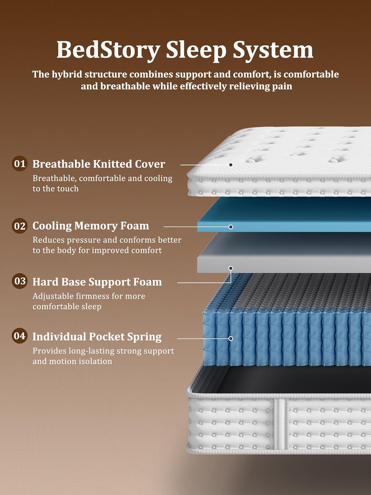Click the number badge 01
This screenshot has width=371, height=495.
click(19, 163)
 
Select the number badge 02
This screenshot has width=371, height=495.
click(19, 226)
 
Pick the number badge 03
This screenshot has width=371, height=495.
click(19, 281)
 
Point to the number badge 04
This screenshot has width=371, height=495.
click(19, 336)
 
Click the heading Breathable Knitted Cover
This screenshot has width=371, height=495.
click(99, 164)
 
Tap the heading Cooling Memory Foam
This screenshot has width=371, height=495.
click(91, 226)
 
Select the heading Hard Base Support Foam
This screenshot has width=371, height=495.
click(97, 282)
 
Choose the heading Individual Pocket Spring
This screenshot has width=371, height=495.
click(97, 337)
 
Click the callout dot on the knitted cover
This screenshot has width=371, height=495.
click(231, 165)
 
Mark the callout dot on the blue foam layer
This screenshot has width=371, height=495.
click(231, 227)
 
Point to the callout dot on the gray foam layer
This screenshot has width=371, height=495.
click(231, 268)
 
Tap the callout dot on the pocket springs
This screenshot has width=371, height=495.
click(231, 339)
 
